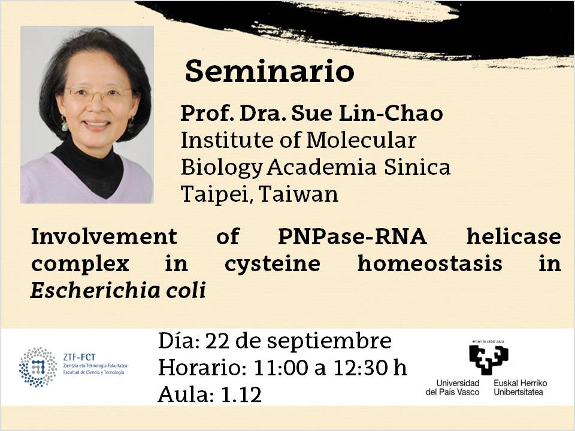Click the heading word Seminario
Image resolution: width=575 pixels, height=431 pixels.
click(270, 71)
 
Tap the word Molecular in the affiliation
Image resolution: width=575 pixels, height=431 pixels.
click(361, 140)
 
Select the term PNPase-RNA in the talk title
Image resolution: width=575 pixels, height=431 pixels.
click(352, 236)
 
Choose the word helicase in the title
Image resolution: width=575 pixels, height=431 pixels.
click(513, 236)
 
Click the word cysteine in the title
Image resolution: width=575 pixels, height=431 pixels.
click(272, 265)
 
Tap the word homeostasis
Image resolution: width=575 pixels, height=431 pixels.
click(429, 263)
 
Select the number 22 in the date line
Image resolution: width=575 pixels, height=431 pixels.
click(217, 341)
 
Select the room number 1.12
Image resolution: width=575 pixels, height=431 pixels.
click(241, 394)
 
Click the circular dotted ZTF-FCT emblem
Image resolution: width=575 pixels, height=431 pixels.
click(38, 367)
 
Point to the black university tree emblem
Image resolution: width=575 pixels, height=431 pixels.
click(489, 360)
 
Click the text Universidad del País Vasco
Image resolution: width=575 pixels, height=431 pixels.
click(453, 388)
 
